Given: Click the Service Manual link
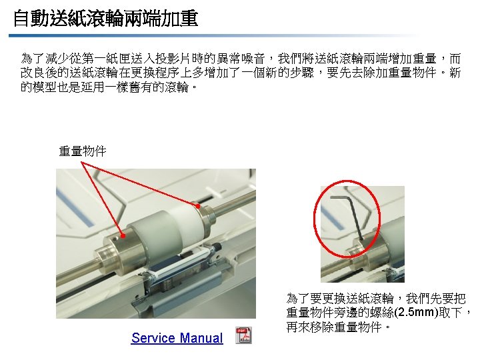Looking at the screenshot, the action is [177, 338].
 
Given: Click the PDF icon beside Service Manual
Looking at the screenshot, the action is [244, 335].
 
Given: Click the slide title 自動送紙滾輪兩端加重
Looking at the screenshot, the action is [106, 18].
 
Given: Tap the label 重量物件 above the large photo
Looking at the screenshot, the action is [83, 151].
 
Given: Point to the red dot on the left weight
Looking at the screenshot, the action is [123, 236].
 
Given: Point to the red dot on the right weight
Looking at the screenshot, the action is [198, 206].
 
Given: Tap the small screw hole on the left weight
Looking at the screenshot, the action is [115, 237].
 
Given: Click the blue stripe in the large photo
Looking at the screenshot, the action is [75, 207].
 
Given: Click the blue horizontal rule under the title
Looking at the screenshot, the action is [214, 36].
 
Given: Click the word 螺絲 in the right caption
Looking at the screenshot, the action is [382, 312].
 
